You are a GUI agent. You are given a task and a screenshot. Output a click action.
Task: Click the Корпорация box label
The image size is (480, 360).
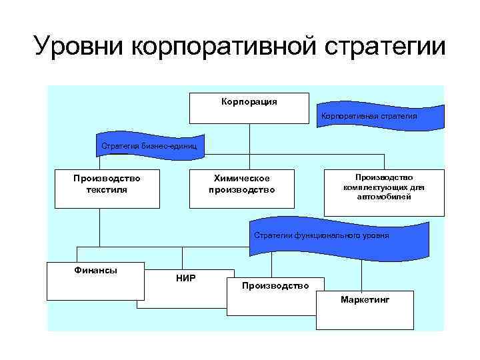pos(249,102)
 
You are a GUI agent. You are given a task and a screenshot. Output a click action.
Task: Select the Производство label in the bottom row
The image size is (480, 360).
pos(275,286)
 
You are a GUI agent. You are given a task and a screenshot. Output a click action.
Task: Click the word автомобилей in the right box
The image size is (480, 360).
pos(384,197)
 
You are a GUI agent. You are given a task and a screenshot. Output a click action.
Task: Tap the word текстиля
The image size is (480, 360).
pos(107,190)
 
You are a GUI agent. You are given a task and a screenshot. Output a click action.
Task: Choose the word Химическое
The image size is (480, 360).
pos(241,179)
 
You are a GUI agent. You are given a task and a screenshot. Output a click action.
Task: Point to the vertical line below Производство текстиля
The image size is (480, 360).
pos(99,227)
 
